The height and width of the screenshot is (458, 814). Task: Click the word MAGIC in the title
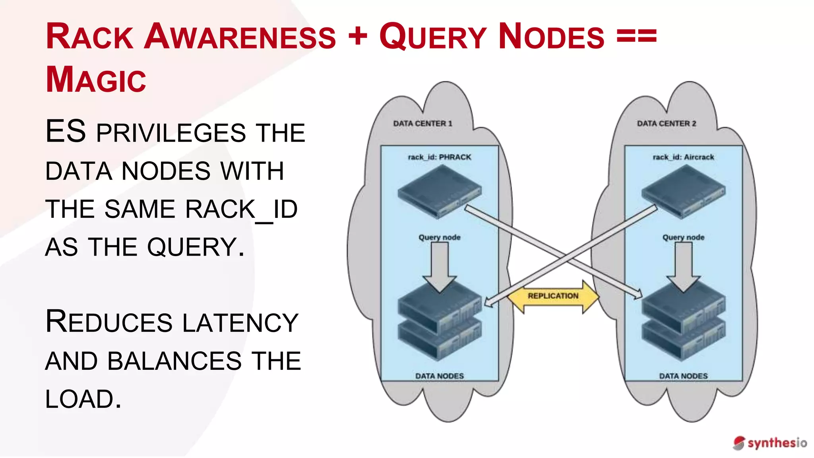(x=96, y=80)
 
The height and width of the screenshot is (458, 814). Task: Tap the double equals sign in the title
(x=636, y=36)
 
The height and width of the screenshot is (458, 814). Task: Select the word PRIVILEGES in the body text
(x=171, y=133)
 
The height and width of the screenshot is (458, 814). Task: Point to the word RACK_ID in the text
(x=241, y=210)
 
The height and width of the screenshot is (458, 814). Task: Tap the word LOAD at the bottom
(x=83, y=399)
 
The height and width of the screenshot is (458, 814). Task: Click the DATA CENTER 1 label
(x=423, y=124)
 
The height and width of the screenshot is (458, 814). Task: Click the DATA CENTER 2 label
(x=667, y=124)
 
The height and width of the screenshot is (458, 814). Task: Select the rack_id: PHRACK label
(x=439, y=157)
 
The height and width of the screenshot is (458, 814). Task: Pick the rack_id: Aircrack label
(x=683, y=157)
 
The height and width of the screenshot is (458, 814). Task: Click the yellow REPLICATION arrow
(x=553, y=296)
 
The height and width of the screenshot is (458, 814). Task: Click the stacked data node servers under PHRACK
(x=439, y=324)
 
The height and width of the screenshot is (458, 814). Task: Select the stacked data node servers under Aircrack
(x=683, y=324)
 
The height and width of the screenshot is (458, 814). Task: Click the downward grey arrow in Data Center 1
(x=439, y=266)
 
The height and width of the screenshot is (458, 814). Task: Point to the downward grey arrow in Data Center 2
(x=683, y=266)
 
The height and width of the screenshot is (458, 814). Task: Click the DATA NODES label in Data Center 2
(x=683, y=376)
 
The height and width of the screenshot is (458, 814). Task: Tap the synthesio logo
(x=770, y=443)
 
